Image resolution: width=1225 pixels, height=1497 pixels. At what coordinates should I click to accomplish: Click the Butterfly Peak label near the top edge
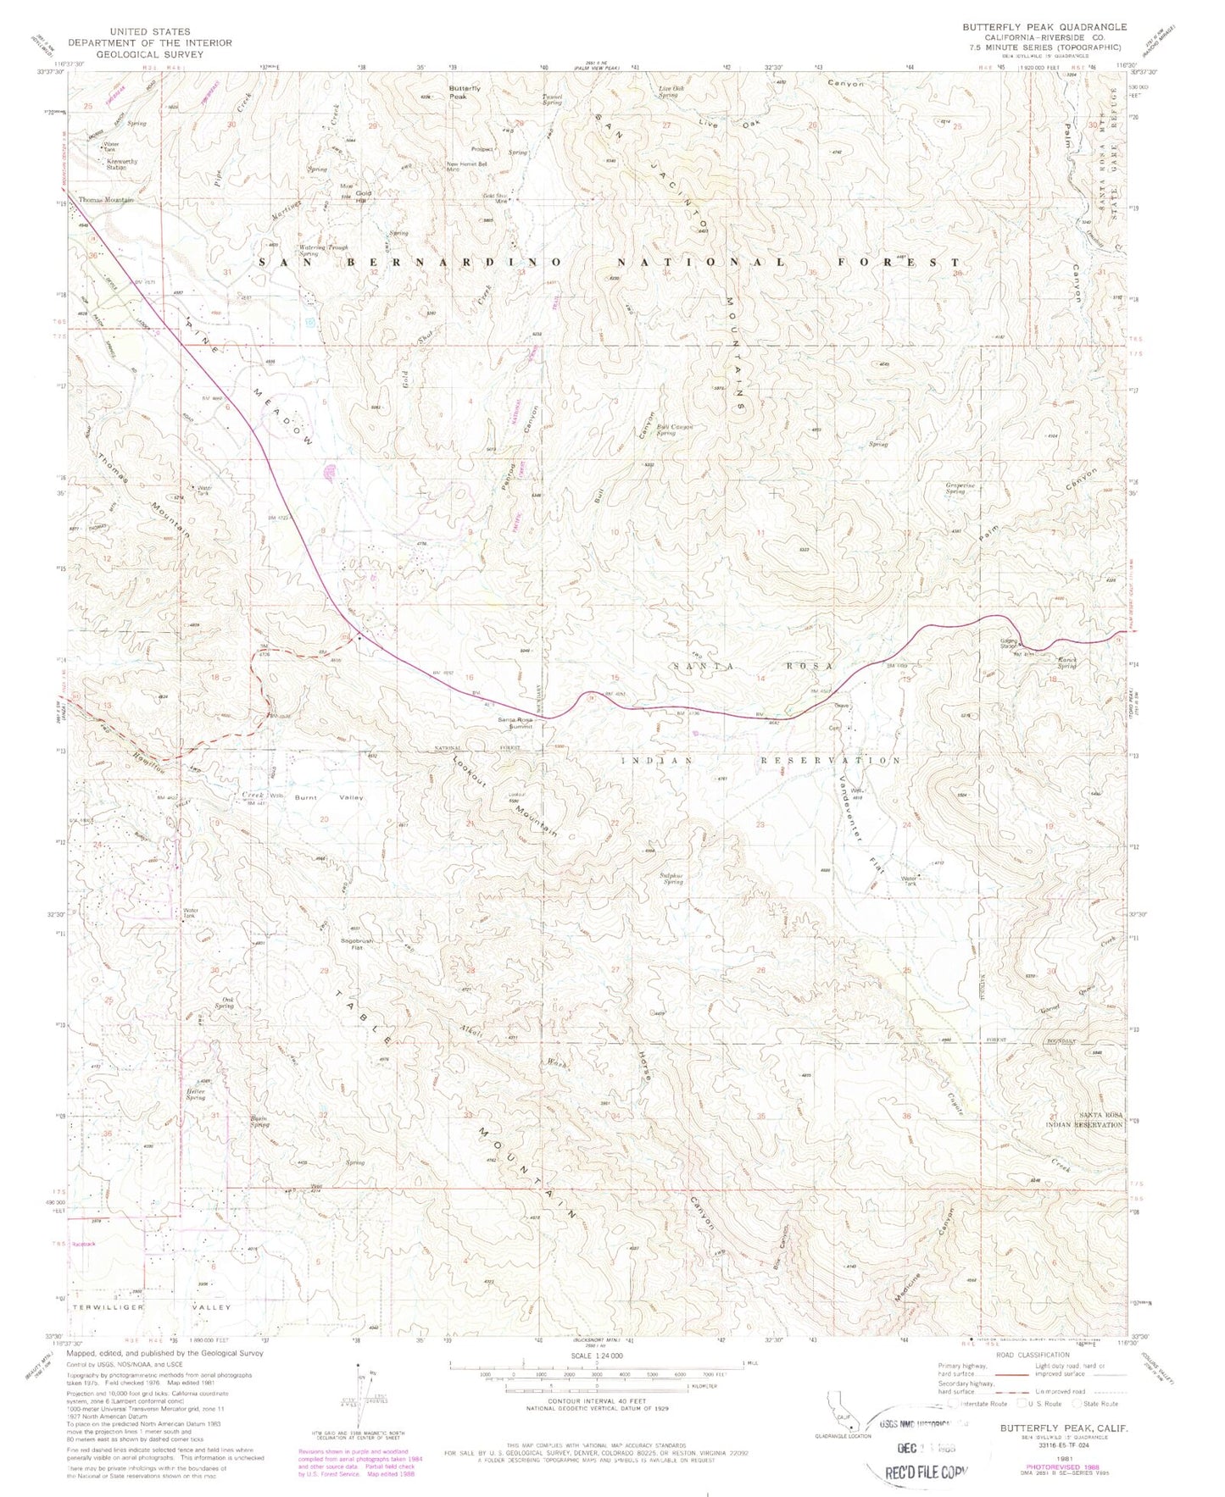tap(465, 92)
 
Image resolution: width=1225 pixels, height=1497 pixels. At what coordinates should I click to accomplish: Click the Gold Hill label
tap(364, 197)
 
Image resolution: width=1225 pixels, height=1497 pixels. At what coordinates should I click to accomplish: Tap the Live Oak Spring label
tap(673, 91)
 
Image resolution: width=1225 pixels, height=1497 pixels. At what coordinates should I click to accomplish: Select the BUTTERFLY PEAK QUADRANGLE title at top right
tap(1044, 27)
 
